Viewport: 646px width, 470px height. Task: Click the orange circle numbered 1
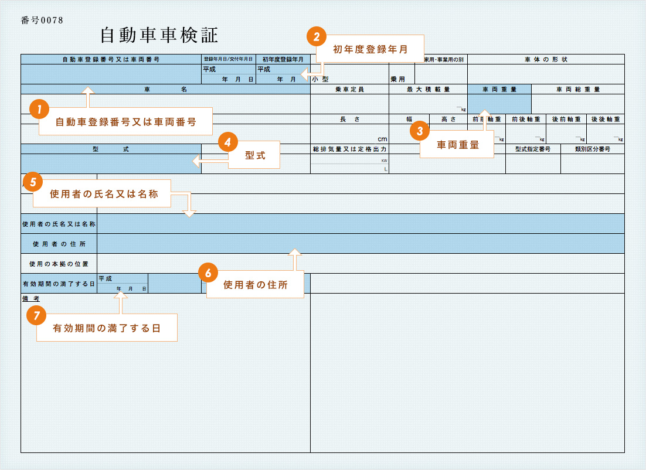(x=39, y=108)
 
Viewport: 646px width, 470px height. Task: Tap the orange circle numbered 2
(x=317, y=36)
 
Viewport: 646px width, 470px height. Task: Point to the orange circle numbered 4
(x=227, y=141)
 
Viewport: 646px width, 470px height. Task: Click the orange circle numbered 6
(x=208, y=272)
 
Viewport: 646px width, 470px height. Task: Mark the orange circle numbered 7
(x=37, y=315)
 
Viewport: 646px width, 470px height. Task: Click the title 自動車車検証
(x=159, y=36)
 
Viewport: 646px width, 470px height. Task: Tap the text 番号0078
(x=42, y=20)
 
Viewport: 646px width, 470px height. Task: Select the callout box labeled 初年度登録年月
(x=370, y=50)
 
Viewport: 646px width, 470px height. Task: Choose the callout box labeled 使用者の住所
(x=256, y=285)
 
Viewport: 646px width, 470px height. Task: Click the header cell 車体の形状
(x=546, y=59)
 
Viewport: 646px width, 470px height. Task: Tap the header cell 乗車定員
(x=349, y=90)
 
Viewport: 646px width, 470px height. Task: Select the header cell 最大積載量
(x=428, y=90)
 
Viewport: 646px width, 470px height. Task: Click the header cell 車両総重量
(x=578, y=90)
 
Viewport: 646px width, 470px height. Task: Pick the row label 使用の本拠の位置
(x=59, y=264)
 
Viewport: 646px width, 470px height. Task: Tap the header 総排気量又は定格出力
(x=349, y=149)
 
